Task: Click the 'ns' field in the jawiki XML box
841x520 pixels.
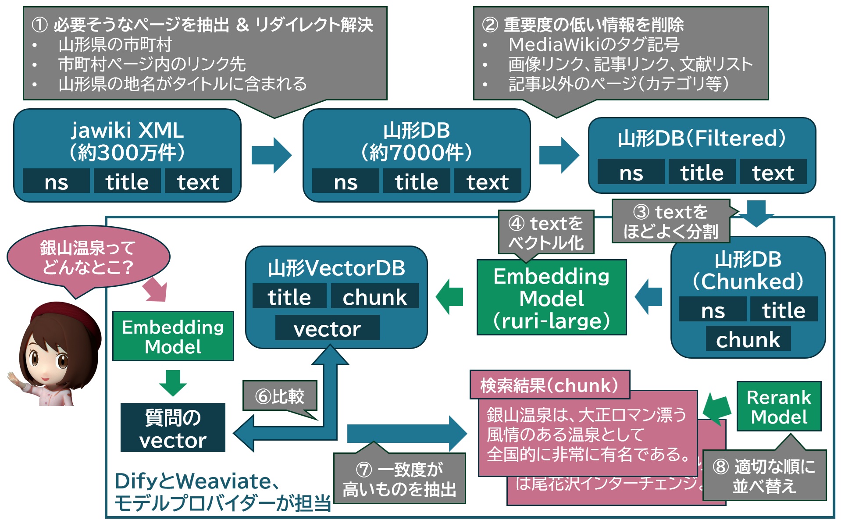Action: coord(56,182)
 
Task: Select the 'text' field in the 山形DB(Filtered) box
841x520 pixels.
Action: coord(773,172)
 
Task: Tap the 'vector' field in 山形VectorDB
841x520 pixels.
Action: coord(327,329)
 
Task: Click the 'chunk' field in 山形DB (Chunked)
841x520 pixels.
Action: coord(748,339)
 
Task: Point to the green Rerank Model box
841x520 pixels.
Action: coord(779,407)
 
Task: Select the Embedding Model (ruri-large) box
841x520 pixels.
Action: coord(551,298)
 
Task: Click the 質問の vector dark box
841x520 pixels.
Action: coord(173,428)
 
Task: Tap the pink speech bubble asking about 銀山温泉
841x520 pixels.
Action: coord(88,258)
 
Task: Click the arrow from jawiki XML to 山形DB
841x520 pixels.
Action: coord(271,155)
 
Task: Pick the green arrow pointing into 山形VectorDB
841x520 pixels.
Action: coord(450,297)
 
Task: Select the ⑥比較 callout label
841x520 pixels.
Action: coord(280,396)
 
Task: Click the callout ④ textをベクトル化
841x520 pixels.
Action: coord(546,233)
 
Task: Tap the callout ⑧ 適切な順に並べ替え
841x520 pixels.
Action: coord(764,476)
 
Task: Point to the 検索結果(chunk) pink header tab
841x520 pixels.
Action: coord(549,385)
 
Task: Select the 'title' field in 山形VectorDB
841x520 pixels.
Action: coord(289,297)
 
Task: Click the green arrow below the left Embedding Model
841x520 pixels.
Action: coord(173,383)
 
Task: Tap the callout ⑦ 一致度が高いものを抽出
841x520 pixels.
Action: coord(399,479)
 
